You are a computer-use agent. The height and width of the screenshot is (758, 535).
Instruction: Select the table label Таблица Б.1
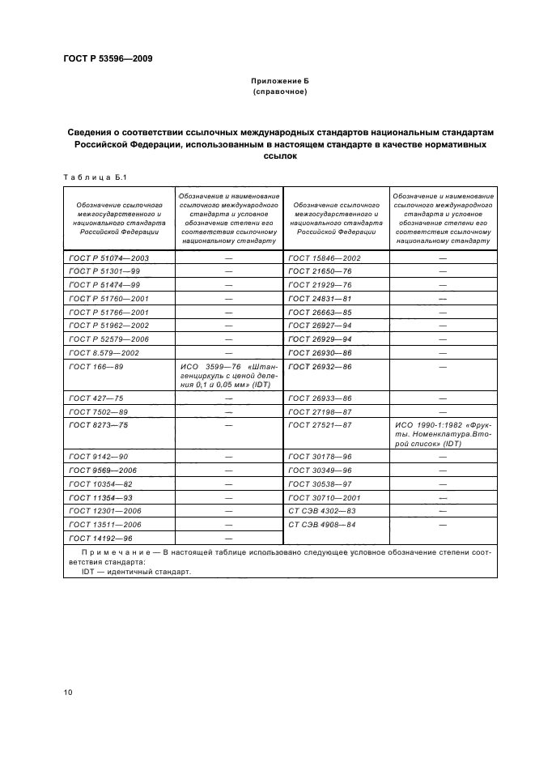point(90,177)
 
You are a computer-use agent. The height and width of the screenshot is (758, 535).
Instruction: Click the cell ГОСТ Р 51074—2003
point(109,258)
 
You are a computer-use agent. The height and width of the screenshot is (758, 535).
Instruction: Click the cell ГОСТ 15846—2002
point(324,258)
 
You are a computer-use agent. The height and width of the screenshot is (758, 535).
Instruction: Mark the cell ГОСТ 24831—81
point(319,298)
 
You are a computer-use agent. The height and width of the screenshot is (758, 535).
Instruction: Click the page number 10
point(67,692)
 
